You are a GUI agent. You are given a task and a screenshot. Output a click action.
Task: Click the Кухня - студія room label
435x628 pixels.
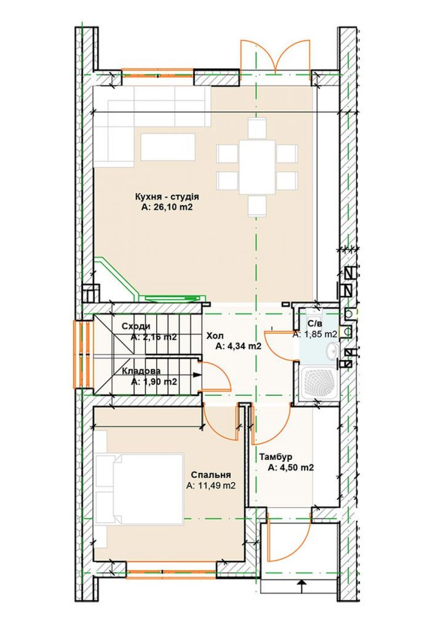[x=167, y=196]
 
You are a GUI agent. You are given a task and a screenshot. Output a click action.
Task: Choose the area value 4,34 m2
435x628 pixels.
[x=238, y=346]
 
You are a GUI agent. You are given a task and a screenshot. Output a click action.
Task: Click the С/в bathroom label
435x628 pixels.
[x=315, y=324]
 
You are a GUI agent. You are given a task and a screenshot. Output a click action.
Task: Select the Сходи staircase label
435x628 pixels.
[x=136, y=326]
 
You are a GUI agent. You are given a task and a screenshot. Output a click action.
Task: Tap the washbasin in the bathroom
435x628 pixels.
[x=333, y=351]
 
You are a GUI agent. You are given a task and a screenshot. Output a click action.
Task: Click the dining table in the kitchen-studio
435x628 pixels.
[x=257, y=167]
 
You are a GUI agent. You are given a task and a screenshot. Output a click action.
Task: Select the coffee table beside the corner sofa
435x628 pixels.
[x=168, y=147]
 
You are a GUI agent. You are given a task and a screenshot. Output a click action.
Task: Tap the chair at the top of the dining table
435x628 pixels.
[x=257, y=128]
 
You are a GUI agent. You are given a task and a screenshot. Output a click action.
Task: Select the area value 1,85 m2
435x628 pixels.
[x=315, y=334]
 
